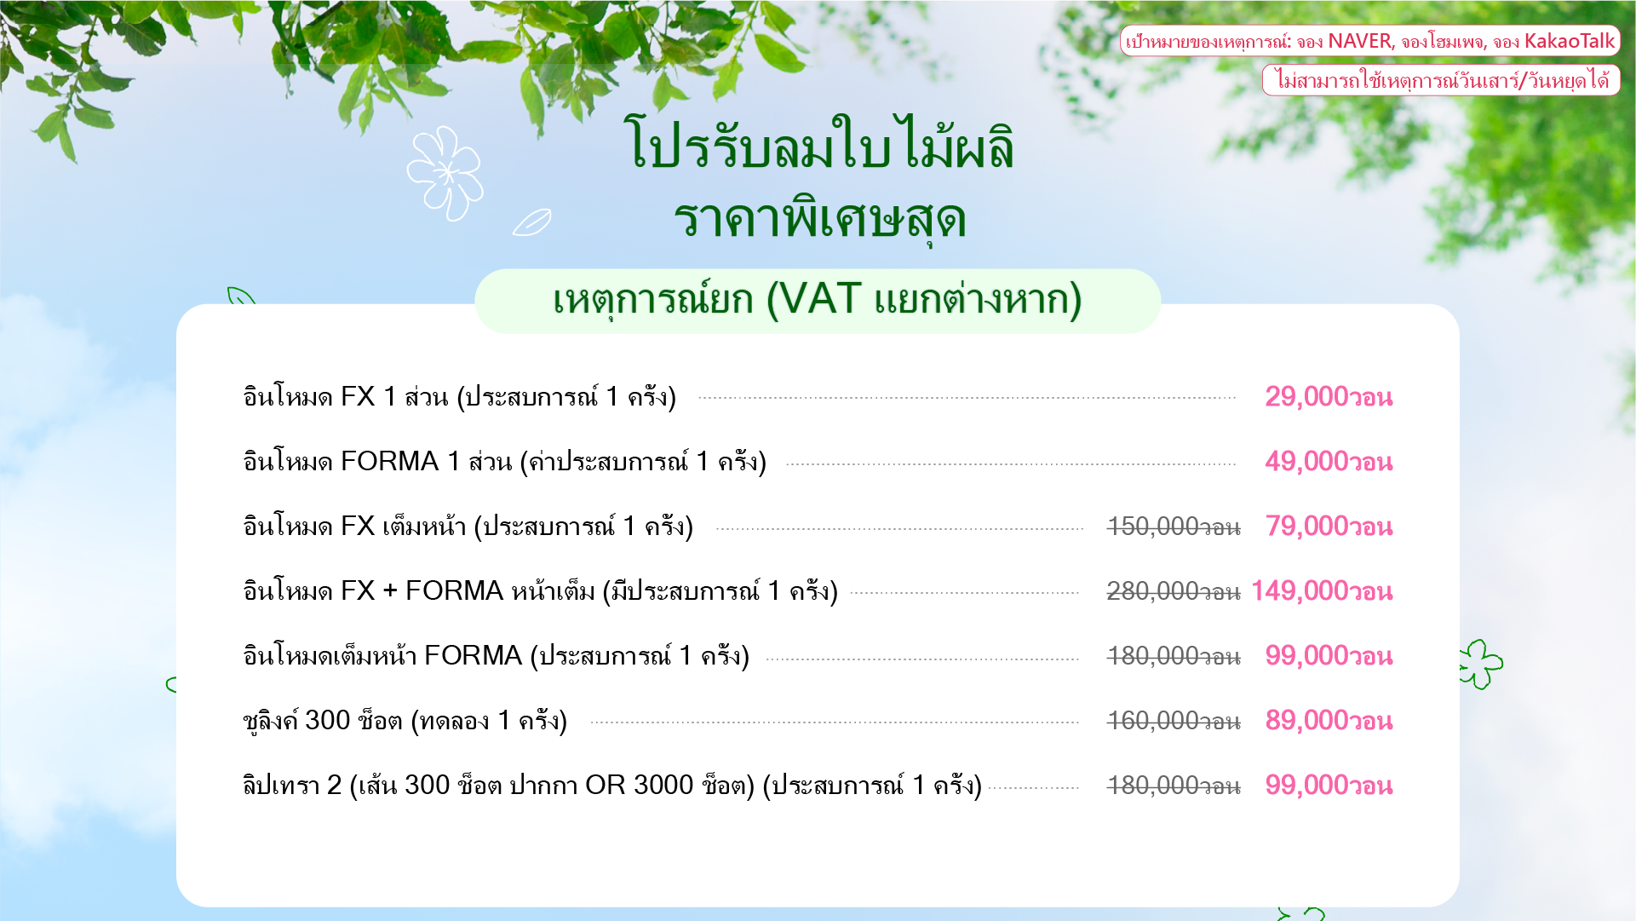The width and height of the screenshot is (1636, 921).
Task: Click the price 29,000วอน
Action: [x=1329, y=397]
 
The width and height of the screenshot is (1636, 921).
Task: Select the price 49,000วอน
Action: [x=1329, y=462]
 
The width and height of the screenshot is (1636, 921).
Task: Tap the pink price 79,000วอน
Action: [x=1329, y=527]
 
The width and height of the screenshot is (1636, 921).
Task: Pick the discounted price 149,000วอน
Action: [x=1322, y=591]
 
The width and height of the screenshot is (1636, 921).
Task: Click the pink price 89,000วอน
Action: [x=1329, y=721]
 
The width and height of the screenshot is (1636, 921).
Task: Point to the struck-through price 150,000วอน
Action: [x=1174, y=527]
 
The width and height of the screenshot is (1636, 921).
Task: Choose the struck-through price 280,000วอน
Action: [x=1174, y=591]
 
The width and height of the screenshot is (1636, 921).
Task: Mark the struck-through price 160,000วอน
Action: [x=1174, y=721]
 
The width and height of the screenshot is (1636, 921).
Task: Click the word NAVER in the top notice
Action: [x=1360, y=41]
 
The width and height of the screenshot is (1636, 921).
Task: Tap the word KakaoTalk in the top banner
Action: [x=1569, y=41]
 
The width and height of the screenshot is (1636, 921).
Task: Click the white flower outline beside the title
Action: [x=445, y=173]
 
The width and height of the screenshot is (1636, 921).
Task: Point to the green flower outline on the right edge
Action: [x=1481, y=664]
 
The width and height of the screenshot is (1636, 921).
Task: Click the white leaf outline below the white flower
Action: [x=531, y=222]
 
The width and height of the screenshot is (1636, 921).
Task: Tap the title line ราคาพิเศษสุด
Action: [x=819, y=219]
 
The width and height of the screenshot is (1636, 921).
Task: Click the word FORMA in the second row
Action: [x=389, y=462]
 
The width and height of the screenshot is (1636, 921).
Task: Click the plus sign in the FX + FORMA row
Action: [x=390, y=591]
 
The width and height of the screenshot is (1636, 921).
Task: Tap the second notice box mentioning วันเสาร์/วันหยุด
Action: [x=1441, y=80]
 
